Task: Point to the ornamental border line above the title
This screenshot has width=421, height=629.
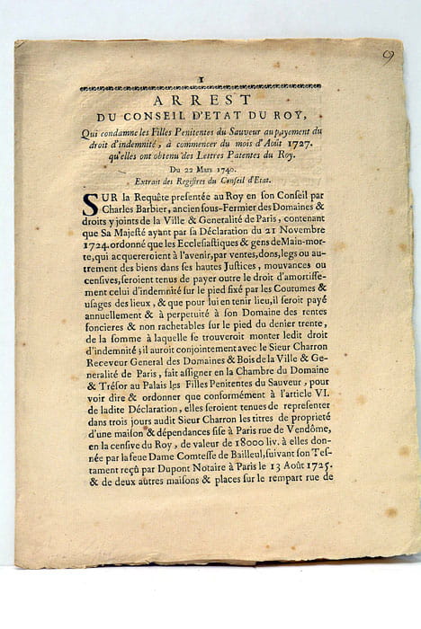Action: pyautogui.click(x=200, y=88)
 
